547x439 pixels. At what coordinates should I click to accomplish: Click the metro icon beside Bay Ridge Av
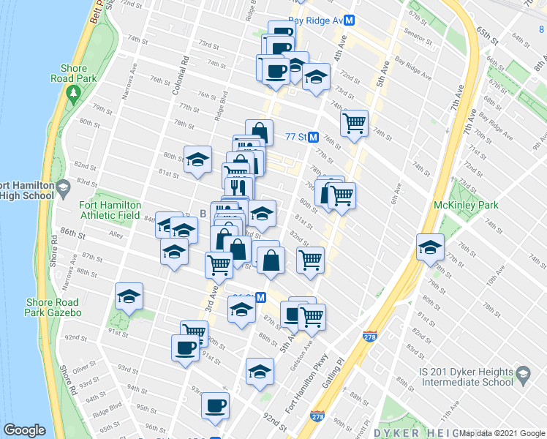point(350,21)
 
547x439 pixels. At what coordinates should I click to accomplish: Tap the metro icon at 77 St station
point(312,137)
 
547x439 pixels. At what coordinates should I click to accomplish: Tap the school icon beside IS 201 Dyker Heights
point(522,373)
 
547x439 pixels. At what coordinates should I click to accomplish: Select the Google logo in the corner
point(25,430)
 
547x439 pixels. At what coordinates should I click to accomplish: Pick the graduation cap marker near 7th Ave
point(431,248)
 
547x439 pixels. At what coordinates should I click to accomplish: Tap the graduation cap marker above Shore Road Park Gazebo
point(129,296)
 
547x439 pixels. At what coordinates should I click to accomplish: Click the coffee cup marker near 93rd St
point(215,406)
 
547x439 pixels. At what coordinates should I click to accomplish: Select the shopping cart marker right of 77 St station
point(355,124)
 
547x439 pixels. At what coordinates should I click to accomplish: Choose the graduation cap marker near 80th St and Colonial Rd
point(197,160)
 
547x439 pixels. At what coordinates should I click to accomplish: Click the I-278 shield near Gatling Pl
point(370,337)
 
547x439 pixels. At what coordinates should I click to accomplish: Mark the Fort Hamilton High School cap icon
point(63,186)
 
